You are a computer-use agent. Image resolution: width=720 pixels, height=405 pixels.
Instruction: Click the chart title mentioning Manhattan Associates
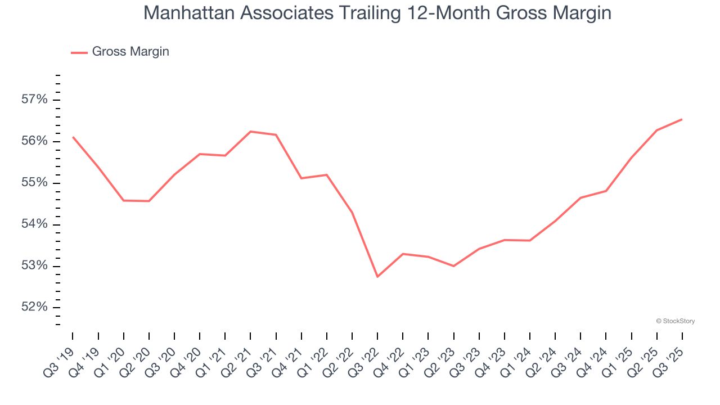pos(377,13)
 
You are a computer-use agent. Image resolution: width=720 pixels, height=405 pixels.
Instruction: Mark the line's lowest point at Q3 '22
pos(377,277)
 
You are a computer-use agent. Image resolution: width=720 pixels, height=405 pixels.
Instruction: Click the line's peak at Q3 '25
pos(682,119)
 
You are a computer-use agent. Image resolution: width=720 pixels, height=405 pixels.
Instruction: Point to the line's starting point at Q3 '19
pos(73,137)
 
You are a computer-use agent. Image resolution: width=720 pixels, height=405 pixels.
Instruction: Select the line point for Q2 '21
pos(250,132)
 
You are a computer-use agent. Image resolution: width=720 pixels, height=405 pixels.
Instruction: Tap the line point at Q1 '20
pos(124,200)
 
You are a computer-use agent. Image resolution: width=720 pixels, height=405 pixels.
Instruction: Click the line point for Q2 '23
pos(453,266)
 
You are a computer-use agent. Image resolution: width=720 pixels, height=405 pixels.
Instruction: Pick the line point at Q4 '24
pos(606,191)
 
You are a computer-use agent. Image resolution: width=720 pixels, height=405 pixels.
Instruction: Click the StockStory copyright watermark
pos(675,321)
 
